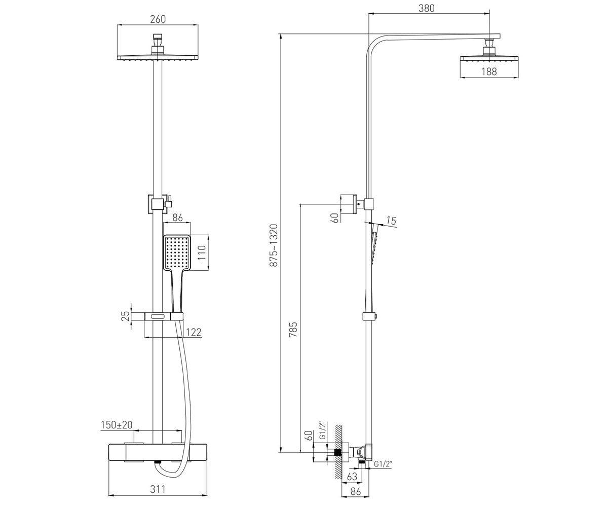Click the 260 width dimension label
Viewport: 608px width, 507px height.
coord(158,19)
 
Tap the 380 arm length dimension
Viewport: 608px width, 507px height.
coord(427,8)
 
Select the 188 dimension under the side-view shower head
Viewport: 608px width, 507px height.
coord(489,71)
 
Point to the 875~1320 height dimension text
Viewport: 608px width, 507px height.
coord(274,245)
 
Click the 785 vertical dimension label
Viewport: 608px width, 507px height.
coord(293,330)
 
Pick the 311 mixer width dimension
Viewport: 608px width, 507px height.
coord(158,489)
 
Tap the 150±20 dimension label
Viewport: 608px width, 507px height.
coord(117,425)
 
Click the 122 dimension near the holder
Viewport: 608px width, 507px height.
coord(194,332)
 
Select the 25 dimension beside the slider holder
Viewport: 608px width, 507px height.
coord(125,316)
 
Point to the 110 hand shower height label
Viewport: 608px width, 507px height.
coord(202,252)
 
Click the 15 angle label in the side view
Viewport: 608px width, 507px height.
coord(392,221)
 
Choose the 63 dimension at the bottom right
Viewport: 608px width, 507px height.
coord(352,477)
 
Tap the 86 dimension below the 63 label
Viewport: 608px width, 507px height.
coord(356,492)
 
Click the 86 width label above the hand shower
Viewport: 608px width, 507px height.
coord(177,218)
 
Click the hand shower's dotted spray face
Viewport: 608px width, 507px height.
coord(177,253)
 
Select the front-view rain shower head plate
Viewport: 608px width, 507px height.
coord(158,57)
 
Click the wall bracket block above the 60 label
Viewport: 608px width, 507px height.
coord(348,204)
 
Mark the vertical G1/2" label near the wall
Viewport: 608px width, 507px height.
coord(322,430)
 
